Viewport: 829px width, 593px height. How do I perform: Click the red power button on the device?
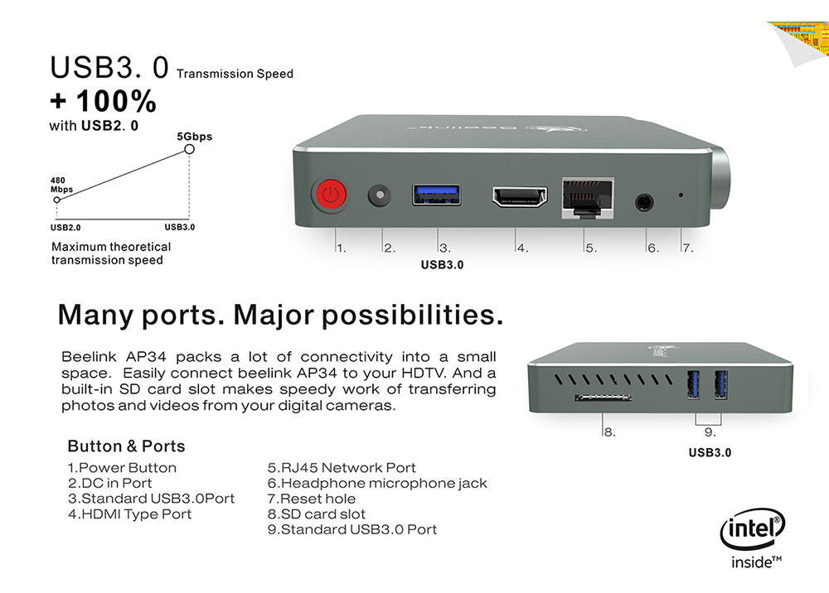point(331,195)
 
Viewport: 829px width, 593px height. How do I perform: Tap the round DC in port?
point(379,195)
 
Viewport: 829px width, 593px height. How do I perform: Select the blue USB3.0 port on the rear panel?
point(436,195)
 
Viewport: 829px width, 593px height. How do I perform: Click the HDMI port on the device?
point(520,196)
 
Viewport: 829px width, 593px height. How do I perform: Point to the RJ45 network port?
point(588,198)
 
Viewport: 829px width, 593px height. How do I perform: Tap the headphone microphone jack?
point(644,202)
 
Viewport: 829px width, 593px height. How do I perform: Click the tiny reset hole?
point(681,195)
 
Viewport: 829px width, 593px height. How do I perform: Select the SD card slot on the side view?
point(604,397)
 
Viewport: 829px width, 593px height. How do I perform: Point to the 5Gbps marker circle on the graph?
point(189,149)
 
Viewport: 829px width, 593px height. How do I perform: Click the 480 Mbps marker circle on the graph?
point(56,200)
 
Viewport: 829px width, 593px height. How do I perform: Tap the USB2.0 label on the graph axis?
point(65,228)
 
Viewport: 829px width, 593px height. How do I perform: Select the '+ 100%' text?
point(103,101)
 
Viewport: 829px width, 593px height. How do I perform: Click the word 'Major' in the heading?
point(274,315)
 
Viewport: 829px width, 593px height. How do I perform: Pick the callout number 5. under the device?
point(591,248)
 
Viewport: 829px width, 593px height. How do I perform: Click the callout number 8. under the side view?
point(609,432)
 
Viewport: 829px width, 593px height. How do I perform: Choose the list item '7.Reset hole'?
point(312,499)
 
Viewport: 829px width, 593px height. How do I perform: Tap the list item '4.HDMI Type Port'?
point(129,514)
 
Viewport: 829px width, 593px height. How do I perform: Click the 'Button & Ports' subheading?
point(126,446)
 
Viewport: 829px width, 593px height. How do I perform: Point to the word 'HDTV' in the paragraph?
point(424,373)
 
